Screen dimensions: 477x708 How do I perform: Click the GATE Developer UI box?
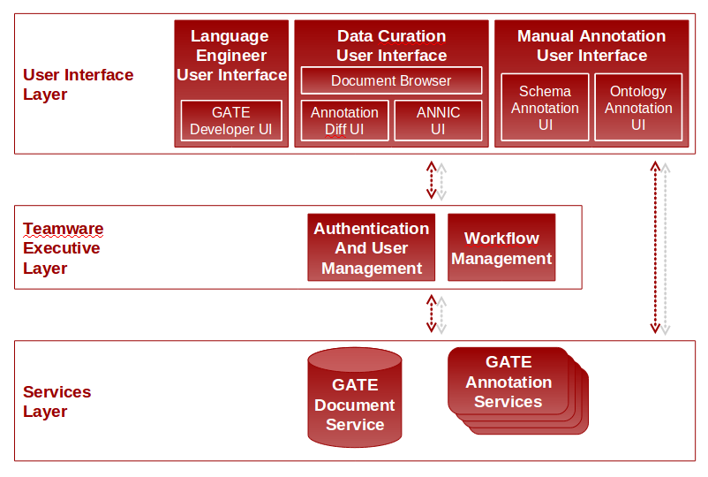tap(231, 121)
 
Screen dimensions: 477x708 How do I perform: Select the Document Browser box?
tap(391, 80)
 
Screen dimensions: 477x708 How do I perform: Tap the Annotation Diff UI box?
tap(344, 121)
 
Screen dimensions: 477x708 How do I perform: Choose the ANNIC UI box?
tap(438, 121)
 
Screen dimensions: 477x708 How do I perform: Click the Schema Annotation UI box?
tap(545, 108)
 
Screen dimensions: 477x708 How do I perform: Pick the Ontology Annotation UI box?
tap(638, 108)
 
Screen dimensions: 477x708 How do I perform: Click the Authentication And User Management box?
tap(371, 248)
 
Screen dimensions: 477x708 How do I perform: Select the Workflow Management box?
tap(501, 248)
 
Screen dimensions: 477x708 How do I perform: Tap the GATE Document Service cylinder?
tap(355, 397)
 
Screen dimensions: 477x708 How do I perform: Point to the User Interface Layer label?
tap(78, 85)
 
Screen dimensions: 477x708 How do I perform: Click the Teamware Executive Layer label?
tap(63, 248)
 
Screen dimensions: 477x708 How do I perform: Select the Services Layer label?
tap(56, 401)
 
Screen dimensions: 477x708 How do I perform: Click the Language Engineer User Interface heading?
tap(230, 56)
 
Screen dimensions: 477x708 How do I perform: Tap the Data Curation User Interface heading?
tap(391, 46)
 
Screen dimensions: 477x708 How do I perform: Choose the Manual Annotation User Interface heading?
tap(591, 46)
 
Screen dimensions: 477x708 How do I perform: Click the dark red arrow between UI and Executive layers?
tap(431, 180)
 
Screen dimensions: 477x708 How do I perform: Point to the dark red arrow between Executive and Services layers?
tap(431, 314)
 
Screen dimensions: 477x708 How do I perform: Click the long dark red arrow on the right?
tap(655, 247)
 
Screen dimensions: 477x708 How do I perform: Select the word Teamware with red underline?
tap(63, 229)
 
